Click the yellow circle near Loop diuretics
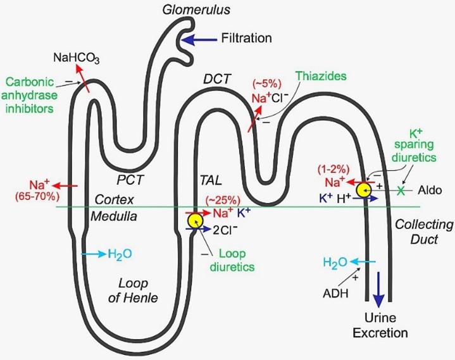click(x=195, y=220)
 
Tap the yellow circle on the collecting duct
click(x=363, y=190)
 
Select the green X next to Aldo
click(x=400, y=190)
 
